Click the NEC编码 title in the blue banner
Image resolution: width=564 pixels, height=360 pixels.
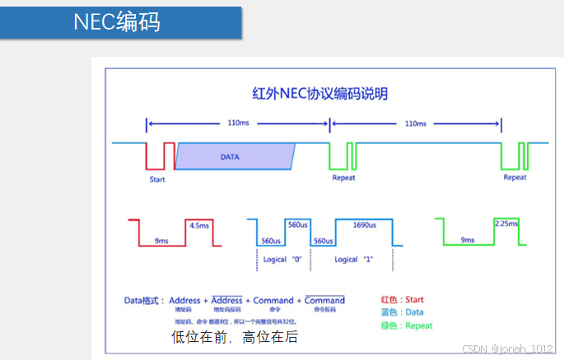(117, 21)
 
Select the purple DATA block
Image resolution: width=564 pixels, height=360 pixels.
(235, 156)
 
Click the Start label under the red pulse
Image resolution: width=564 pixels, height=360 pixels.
(158, 179)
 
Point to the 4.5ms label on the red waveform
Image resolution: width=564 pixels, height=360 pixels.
(198, 225)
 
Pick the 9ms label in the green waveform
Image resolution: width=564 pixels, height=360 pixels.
(467, 240)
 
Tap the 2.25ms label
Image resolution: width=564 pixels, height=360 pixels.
(505, 223)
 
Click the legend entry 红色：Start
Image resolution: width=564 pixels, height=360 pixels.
(403, 299)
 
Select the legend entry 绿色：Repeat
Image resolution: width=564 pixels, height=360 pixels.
(406, 325)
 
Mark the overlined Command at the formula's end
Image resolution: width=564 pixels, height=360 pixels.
(324, 300)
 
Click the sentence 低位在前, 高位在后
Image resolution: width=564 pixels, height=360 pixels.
(234, 337)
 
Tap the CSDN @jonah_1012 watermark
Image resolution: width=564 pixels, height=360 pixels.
(509, 349)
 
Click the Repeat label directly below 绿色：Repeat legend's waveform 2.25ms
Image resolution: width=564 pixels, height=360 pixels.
(514, 177)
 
